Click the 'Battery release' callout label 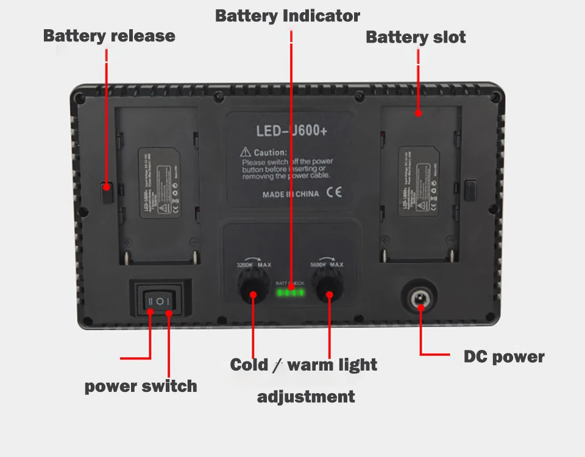[x=109, y=36]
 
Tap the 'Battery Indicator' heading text [x=288, y=16]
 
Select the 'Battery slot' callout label [x=416, y=37]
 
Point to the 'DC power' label [x=504, y=357]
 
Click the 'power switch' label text [x=141, y=386]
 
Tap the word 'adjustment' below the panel [x=306, y=397]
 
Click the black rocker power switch [x=160, y=301]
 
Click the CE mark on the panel [x=335, y=194]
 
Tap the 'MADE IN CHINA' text [x=291, y=195]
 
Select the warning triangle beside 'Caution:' [x=246, y=152]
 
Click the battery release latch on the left [x=107, y=192]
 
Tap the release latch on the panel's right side [x=470, y=189]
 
